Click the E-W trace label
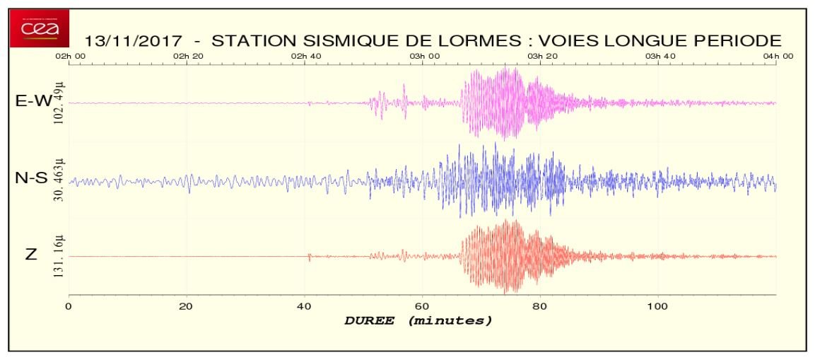33,101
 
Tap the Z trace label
30,255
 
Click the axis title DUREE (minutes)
418,320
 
